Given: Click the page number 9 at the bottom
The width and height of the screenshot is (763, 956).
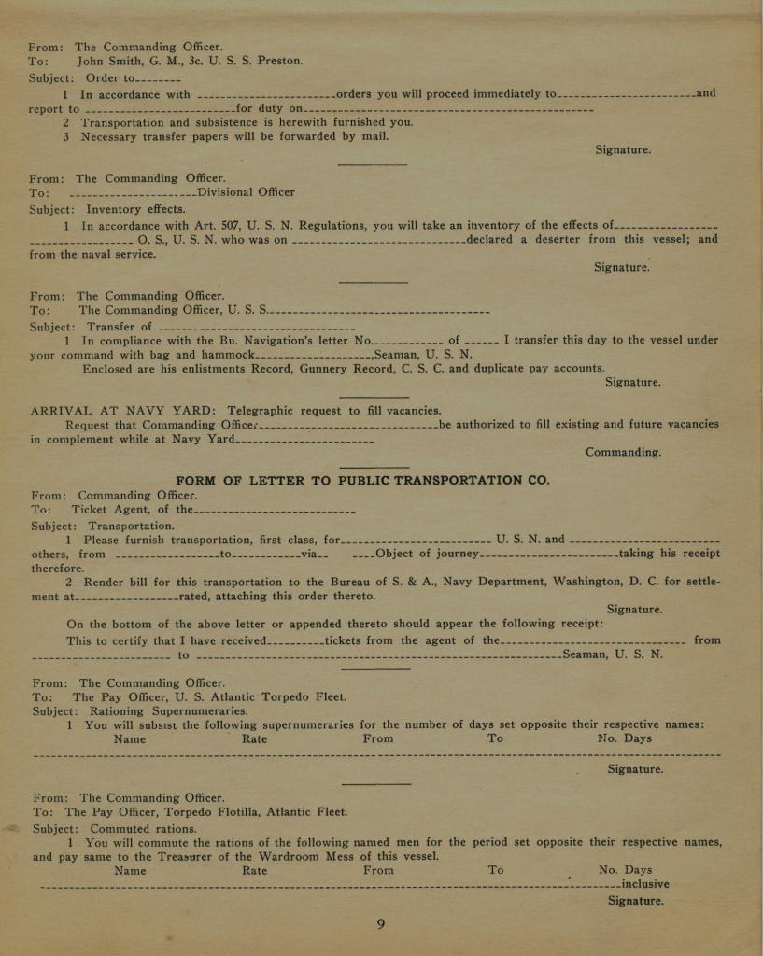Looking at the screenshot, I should coord(381,924).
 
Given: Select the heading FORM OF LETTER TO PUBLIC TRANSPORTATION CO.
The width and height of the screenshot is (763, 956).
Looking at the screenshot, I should coord(363,480).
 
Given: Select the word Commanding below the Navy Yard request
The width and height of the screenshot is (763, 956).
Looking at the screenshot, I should coord(623,452).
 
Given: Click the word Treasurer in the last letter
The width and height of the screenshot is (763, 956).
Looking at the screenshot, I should coord(154,856).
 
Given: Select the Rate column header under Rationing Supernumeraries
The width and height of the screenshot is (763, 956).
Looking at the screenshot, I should coord(254,738).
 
